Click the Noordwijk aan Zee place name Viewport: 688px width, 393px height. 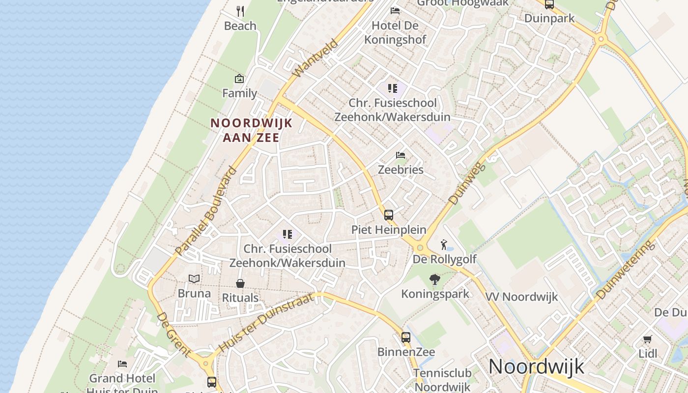251,130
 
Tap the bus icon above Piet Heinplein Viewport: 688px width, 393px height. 389,215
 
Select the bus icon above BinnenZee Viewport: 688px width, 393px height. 406,337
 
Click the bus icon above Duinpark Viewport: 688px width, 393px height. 549,4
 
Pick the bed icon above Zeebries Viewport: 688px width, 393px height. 401,155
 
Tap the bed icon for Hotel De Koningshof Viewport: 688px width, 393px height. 395,11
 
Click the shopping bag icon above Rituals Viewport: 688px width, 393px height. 240,283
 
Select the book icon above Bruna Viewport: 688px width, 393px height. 194,279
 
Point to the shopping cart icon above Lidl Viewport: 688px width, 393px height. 648,339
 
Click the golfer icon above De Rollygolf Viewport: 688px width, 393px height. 444,244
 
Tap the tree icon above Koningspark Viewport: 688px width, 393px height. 435,280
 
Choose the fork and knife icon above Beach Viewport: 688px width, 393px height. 240,11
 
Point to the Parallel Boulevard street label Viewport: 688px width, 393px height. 206,212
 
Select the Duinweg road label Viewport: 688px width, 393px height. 467,183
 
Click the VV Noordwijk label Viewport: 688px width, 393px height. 522,297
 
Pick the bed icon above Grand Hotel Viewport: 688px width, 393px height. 122,364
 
